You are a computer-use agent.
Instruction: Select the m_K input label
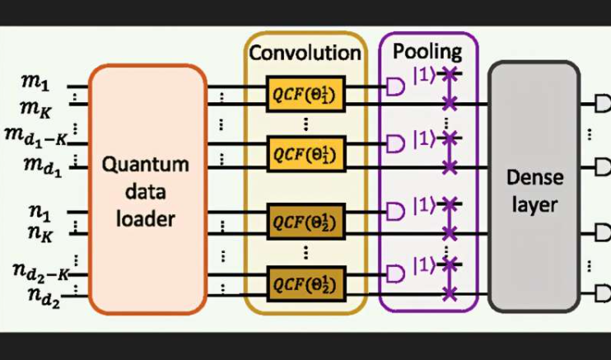click(x=35, y=106)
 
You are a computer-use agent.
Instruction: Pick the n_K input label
click(x=37, y=234)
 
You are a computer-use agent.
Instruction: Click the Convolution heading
click(x=305, y=53)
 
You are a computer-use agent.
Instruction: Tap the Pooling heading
click(x=427, y=51)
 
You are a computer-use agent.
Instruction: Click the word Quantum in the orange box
click(x=145, y=164)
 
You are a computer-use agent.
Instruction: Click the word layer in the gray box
click(x=534, y=204)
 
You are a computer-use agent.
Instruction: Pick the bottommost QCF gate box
click(x=305, y=284)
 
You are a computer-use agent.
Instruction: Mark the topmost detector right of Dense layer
click(x=602, y=104)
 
